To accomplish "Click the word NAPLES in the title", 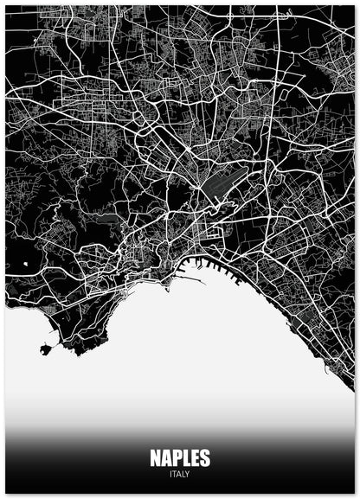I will pos(180,457).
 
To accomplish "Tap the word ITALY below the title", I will pos(180,474).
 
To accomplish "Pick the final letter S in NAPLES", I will pos(204,457).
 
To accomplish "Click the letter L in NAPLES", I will pos(185,457).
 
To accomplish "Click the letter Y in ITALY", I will pos(187,474).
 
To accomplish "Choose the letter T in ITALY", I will pos(175,474).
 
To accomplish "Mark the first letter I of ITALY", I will pos(171,474).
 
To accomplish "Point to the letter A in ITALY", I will pos(179,474).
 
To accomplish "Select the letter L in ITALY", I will pos(183,474).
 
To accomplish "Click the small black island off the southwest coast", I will pos(44,349).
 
